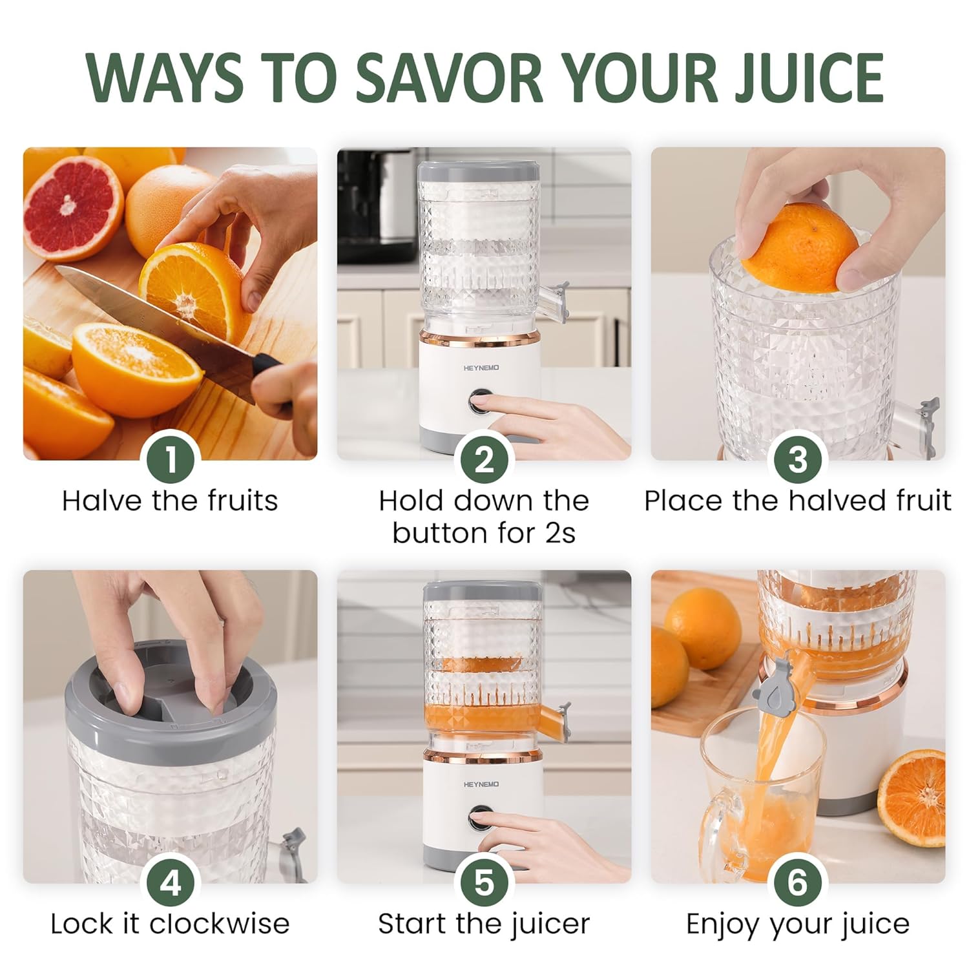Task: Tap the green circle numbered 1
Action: click(x=171, y=459)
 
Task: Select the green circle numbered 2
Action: click(x=484, y=459)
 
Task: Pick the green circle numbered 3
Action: click(x=798, y=459)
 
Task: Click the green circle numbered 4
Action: click(x=171, y=882)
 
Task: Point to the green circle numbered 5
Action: click(x=484, y=882)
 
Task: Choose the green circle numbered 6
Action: click(x=798, y=882)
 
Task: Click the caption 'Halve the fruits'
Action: click(x=170, y=501)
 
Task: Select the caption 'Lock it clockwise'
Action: click(x=170, y=924)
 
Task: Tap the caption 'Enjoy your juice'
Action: click(x=798, y=924)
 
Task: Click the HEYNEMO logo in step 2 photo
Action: click(x=481, y=368)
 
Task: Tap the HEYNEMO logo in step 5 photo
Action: click(x=481, y=784)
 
